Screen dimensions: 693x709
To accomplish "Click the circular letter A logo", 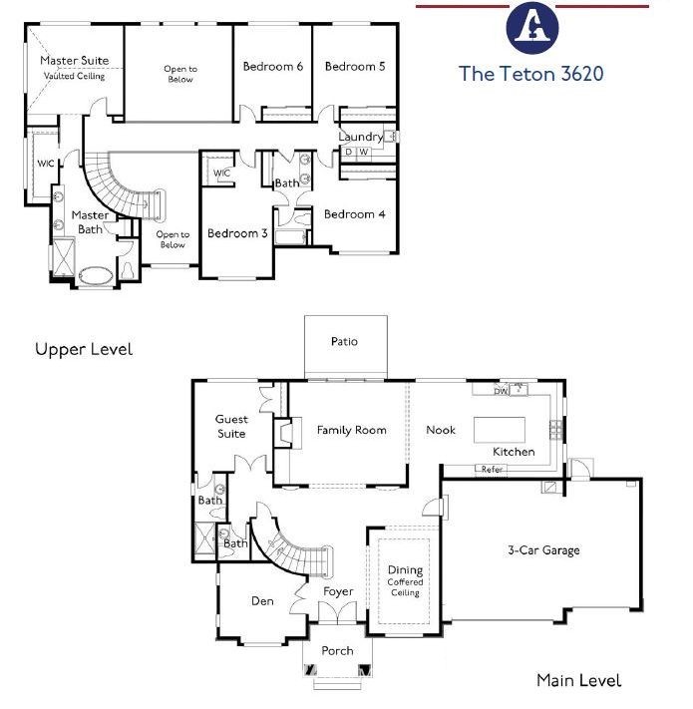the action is coord(532,28).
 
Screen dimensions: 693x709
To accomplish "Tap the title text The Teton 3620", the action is coord(530,74).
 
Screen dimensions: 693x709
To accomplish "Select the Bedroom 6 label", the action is coord(272,67).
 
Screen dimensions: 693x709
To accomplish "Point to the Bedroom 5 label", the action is coord(355,67).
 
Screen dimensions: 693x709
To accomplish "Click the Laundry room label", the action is coord(360,137).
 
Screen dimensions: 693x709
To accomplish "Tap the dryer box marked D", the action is coord(348,152).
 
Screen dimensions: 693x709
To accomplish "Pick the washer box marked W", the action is coord(364,152).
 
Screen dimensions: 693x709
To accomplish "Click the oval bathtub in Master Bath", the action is coord(96,275).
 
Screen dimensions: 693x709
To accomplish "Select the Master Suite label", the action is coord(75,60).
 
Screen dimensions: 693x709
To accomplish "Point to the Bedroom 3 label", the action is coord(237,233).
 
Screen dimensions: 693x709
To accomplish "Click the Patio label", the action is coord(344,341).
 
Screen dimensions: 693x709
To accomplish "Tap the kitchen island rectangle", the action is coord(500,430).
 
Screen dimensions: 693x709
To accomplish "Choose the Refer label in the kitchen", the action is coord(492,470).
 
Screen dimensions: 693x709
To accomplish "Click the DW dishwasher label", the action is coord(501,391).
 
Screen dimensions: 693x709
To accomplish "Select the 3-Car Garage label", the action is coord(543,550).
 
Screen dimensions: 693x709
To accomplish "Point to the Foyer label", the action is coord(338,591).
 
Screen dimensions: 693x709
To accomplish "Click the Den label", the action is coord(262,601).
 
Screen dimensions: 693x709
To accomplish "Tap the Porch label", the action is coord(337,651).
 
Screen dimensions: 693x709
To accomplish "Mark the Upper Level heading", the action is coord(84,349).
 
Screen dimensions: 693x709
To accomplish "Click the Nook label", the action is coord(441,430).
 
